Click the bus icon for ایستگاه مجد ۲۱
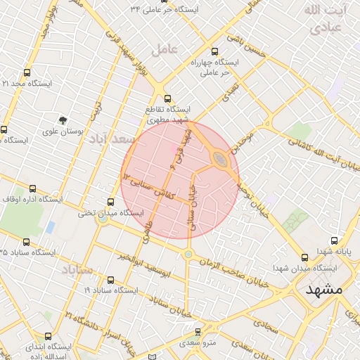pos(27,72)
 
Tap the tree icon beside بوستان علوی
pos(63,120)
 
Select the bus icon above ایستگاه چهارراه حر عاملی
pos(214,51)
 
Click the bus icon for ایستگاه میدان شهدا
pos(304,257)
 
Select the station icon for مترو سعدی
pos(198,331)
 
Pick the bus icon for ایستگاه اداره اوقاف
pos(32,188)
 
